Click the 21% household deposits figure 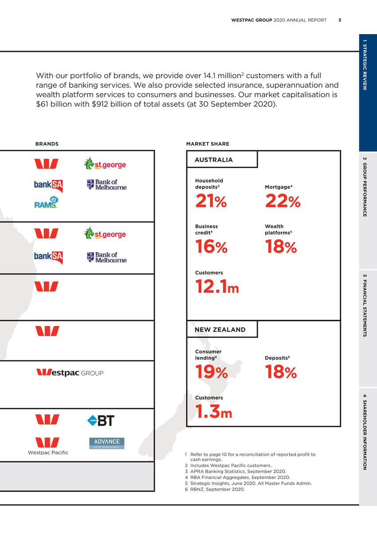[x=211, y=202]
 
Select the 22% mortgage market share [x=283, y=202]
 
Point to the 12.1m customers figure [x=217, y=288]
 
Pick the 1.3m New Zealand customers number [x=214, y=413]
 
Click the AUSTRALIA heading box [x=222, y=160]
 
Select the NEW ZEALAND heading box [x=222, y=329]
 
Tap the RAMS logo [x=47, y=202]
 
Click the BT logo [x=101, y=420]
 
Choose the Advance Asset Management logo [x=106, y=443]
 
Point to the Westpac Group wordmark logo [x=70, y=373]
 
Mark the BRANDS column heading [x=47, y=144]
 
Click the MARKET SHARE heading [x=208, y=144]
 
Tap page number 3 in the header [x=340, y=20]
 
